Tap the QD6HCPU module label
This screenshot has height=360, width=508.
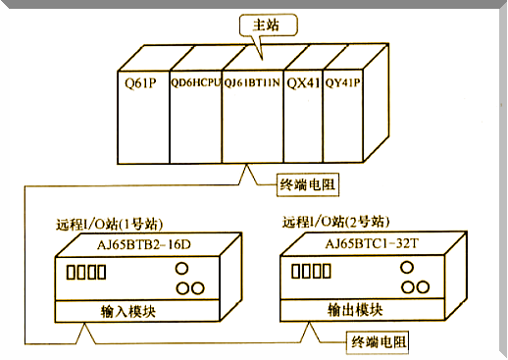pos(195,84)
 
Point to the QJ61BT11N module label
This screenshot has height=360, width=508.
pos(252,84)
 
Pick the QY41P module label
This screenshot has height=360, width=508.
pos(342,84)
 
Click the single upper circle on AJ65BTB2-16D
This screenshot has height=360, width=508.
pos(181,268)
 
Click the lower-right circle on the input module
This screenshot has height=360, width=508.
pos(196,287)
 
